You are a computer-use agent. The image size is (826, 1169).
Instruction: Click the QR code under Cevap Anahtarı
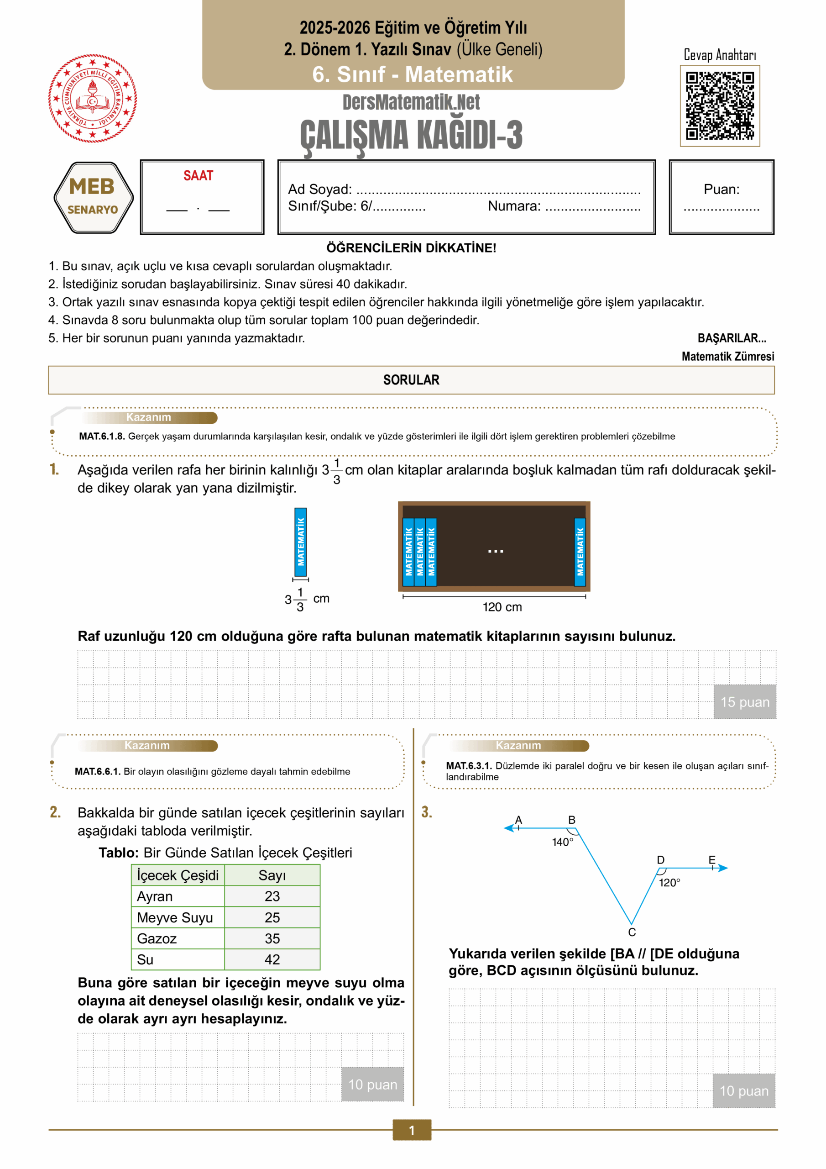tap(720, 105)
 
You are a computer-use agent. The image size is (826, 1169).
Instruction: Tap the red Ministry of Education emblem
tap(92, 98)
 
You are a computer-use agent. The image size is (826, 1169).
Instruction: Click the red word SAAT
tap(198, 176)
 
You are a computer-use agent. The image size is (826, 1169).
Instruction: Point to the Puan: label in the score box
tap(721, 190)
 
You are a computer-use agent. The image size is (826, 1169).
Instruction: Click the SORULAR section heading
tap(411, 380)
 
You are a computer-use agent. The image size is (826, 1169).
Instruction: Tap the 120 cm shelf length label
tap(502, 607)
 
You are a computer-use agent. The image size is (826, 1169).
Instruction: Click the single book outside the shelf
tap(300, 542)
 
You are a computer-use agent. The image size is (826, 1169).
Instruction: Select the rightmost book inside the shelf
tap(580, 552)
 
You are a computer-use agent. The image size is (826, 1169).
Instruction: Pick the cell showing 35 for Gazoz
tap(272, 938)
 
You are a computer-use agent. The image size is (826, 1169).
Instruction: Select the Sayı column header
tap(272, 875)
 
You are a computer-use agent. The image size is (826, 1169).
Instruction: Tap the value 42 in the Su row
tap(272, 960)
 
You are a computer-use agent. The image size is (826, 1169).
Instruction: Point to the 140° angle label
tap(562, 842)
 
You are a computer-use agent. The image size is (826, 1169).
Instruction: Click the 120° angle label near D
tap(669, 883)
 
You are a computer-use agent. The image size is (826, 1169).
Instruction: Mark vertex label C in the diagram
tap(632, 932)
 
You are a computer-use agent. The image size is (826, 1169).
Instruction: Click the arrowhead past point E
tap(723, 868)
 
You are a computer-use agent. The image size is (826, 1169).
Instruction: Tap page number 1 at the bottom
tap(412, 1130)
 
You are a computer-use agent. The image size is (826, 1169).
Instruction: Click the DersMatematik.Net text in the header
tap(411, 102)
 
